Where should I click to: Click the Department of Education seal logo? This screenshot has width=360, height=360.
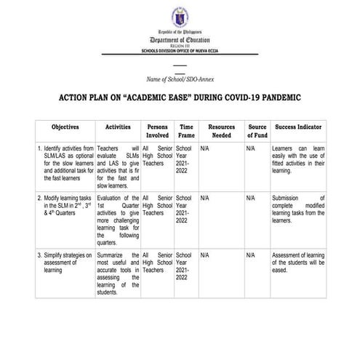(x=180, y=17)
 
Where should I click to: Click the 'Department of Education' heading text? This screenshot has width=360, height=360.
(x=180, y=41)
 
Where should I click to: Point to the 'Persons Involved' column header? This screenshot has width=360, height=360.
(x=157, y=131)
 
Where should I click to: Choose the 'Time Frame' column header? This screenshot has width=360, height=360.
(x=186, y=131)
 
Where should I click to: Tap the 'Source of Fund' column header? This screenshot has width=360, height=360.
(x=257, y=131)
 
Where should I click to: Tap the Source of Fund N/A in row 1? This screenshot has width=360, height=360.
(x=250, y=148)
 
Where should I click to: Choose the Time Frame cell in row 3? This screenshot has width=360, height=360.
(x=186, y=268)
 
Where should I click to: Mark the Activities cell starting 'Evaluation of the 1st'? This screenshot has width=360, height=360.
(x=117, y=220)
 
